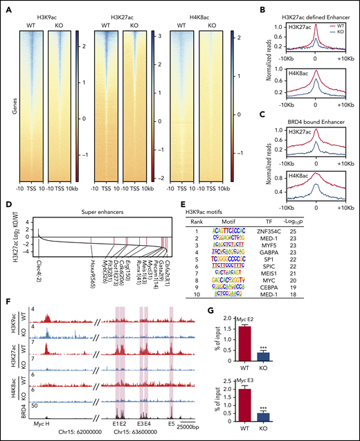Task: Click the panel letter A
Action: (6, 5)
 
